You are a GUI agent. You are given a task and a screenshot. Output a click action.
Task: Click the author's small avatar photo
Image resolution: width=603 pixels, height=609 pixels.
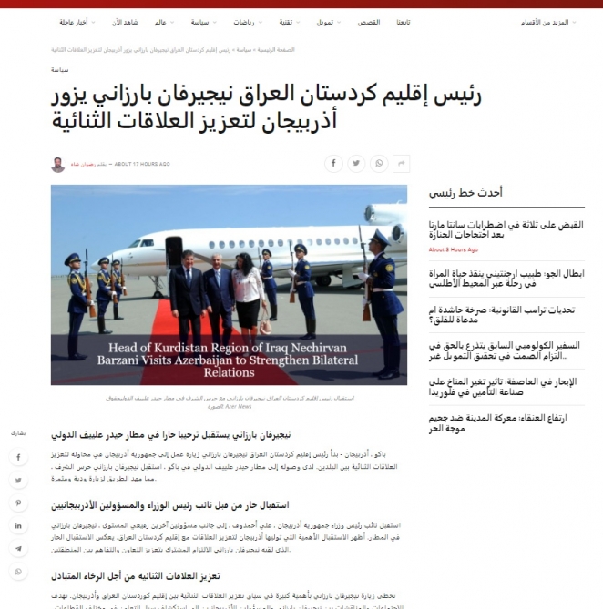57,165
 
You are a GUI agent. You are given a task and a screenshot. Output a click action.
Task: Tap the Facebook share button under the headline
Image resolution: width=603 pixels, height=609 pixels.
333,164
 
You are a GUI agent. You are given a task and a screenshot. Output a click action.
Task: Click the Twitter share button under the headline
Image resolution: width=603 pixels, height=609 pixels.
356,164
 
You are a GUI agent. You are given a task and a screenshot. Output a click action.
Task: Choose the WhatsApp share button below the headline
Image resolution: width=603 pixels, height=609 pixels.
379,164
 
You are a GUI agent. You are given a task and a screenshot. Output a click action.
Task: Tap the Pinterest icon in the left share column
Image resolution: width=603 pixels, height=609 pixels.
18,502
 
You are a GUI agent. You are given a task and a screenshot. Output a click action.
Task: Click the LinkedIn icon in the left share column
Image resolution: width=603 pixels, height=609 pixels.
18,526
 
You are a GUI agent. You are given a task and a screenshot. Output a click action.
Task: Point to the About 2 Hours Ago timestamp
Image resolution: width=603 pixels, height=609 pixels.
453,249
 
